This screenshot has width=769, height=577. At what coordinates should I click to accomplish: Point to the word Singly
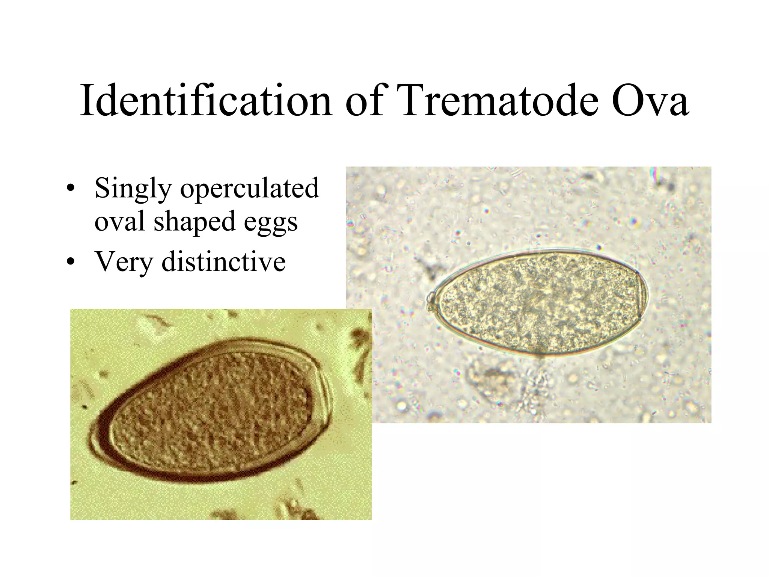(133, 189)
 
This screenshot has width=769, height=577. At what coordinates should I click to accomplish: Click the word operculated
(250, 189)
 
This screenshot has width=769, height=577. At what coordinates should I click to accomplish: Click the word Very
(124, 262)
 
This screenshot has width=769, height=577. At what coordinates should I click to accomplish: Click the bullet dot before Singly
(69, 189)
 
